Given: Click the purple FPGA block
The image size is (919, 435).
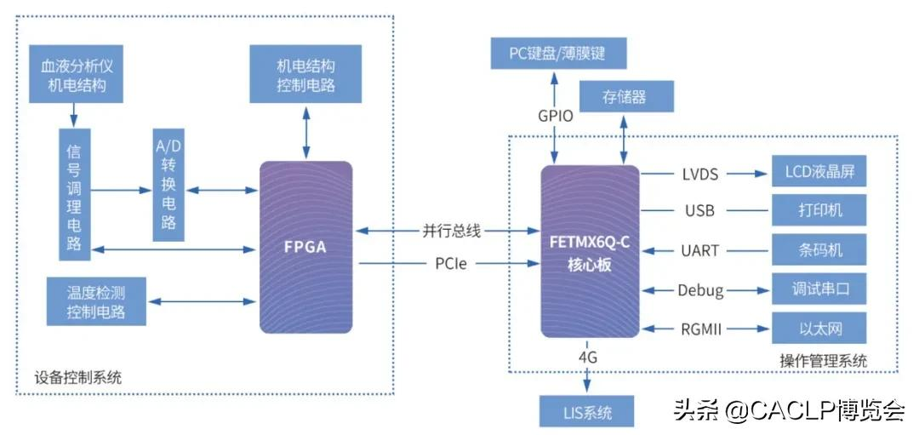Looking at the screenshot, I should click(305, 247).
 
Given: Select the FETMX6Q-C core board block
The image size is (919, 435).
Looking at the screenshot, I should click(590, 251).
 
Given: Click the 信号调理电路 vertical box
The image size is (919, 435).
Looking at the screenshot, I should click(75, 195).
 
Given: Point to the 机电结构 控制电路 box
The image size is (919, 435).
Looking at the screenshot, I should click(305, 74).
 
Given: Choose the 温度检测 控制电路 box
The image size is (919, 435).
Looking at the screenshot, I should click(96, 301).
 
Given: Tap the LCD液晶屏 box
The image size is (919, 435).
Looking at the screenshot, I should click(819, 173).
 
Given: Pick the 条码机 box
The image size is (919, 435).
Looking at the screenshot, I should click(819, 250).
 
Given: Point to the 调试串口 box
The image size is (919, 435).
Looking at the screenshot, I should click(819, 289).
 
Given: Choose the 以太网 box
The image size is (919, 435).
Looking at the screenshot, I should click(819, 328).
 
